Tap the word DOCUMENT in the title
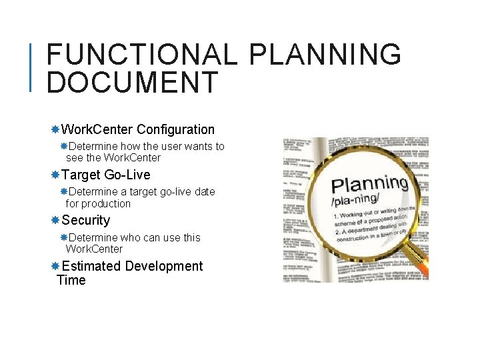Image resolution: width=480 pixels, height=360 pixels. (x=133, y=83)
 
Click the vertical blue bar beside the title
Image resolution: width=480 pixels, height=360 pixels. (x=32, y=67)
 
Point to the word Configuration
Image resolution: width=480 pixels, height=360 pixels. (x=175, y=129)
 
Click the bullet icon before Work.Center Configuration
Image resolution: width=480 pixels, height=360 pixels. (x=56, y=129)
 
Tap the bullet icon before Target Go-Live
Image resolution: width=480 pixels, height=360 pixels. (x=56, y=175)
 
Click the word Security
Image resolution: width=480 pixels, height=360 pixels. (x=86, y=220)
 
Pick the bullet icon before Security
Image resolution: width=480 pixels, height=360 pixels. (x=56, y=220)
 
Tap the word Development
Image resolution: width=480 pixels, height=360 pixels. (x=163, y=266)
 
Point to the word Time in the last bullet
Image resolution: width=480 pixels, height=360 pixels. (x=71, y=280)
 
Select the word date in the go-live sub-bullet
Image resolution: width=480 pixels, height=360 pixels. (x=205, y=192)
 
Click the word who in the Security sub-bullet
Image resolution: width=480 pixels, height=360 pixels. (x=129, y=237)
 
